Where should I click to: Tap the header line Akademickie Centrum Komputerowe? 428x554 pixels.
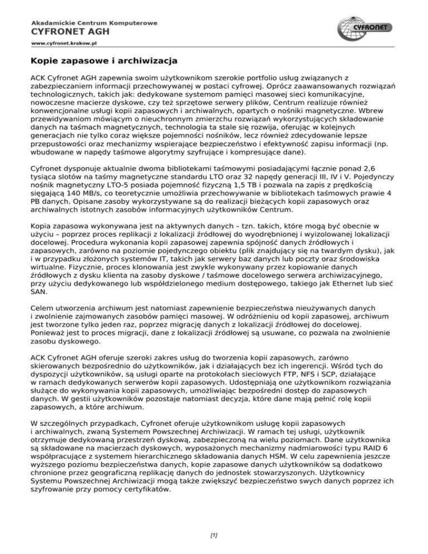[94, 23]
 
